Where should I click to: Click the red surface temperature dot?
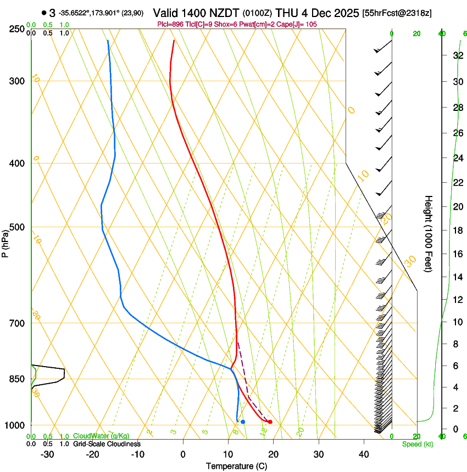tap(270, 422)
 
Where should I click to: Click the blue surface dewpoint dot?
tap(243, 422)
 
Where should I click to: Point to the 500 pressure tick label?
tap(16, 227)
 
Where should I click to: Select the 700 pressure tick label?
tap(16, 323)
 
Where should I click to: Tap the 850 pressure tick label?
tap(16, 379)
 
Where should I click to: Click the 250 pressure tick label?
tap(16, 29)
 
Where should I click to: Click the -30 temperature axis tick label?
tap(47, 454)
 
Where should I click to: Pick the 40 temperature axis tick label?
tap(363, 454)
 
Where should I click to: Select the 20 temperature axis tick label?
tap(273, 454)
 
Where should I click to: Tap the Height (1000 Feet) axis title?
tap(429, 234)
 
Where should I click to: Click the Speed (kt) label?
tap(417, 444)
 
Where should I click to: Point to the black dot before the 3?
tap(43, 13)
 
